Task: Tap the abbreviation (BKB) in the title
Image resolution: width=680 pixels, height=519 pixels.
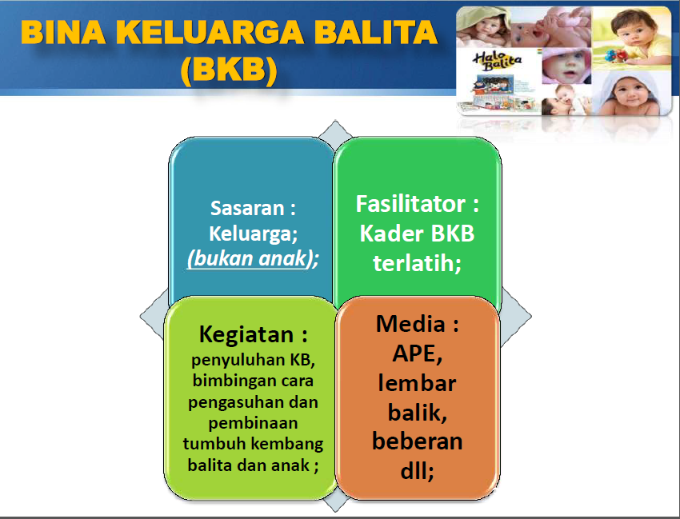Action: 229,70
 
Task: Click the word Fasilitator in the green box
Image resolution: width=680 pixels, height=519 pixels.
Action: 410,203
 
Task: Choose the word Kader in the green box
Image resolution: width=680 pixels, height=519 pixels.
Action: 392,234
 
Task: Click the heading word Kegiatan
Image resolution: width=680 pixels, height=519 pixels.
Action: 246,335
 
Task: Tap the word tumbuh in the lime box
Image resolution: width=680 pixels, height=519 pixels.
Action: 214,444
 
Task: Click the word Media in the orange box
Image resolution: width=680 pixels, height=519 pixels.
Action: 410,323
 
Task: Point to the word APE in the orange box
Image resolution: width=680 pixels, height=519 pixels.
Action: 414,353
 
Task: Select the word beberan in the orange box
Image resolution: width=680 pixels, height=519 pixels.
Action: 417,441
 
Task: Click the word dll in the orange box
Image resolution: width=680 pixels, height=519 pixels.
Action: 414,470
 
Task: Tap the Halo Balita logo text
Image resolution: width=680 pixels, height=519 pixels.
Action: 497,61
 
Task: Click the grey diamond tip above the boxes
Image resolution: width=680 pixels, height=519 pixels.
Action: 335,122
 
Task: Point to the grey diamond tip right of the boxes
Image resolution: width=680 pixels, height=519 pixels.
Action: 530,317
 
